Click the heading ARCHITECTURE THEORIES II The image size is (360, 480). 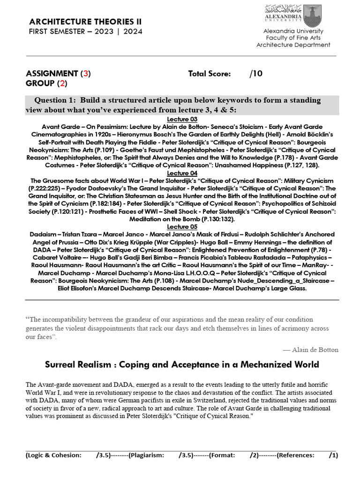click(85, 22)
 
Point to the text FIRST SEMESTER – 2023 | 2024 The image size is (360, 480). click(86, 31)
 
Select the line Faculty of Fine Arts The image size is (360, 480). click(293, 37)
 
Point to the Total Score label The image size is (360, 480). click(209, 74)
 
